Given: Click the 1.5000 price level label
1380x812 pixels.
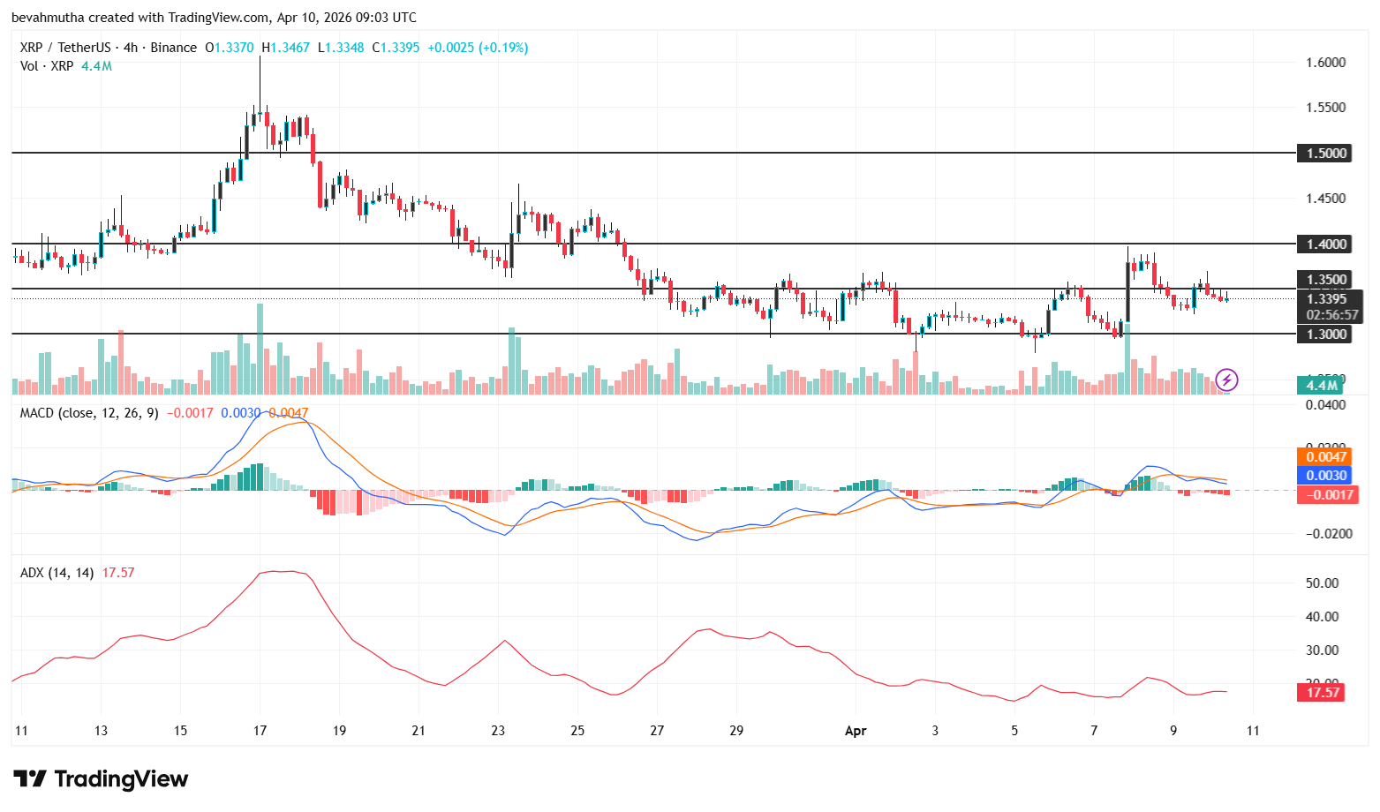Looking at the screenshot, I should click(1326, 154).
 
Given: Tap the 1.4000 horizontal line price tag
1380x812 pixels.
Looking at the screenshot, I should click(1326, 244).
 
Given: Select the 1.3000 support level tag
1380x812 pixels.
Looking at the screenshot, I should click(1326, 334).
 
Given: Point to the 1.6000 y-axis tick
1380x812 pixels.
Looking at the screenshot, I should click(1326, 63).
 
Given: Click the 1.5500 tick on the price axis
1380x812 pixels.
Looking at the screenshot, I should click(1326, 108).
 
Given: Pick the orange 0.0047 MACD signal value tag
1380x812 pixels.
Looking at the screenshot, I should click(1326, 456).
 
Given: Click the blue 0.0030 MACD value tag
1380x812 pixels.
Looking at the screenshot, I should click(1326, 475).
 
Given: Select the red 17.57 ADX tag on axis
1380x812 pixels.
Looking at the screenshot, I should click(1323, 692).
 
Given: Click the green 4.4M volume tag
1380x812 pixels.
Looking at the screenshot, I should click(1321, 385).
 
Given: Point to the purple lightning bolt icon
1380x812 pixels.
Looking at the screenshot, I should click(1226, 380).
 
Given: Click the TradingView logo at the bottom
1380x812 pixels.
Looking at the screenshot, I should click(101, 778).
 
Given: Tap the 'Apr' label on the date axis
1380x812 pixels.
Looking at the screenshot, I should click(856, 731).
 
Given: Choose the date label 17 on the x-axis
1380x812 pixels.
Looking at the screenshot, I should click(260, 731).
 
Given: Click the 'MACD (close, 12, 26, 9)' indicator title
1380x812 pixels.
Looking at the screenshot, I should click(89, 412).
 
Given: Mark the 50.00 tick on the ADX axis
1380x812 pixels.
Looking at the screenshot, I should click(1322, 583).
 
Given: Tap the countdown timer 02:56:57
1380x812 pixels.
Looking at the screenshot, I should click(1332, 314).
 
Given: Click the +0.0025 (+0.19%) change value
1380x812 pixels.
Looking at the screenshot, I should click(478, 48).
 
